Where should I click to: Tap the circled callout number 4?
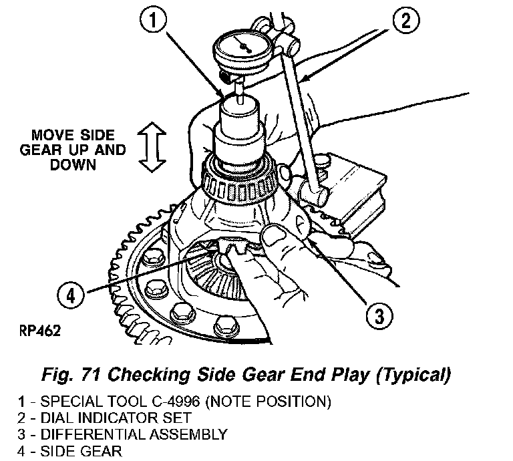pyautogui.click(x=71, y=295)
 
